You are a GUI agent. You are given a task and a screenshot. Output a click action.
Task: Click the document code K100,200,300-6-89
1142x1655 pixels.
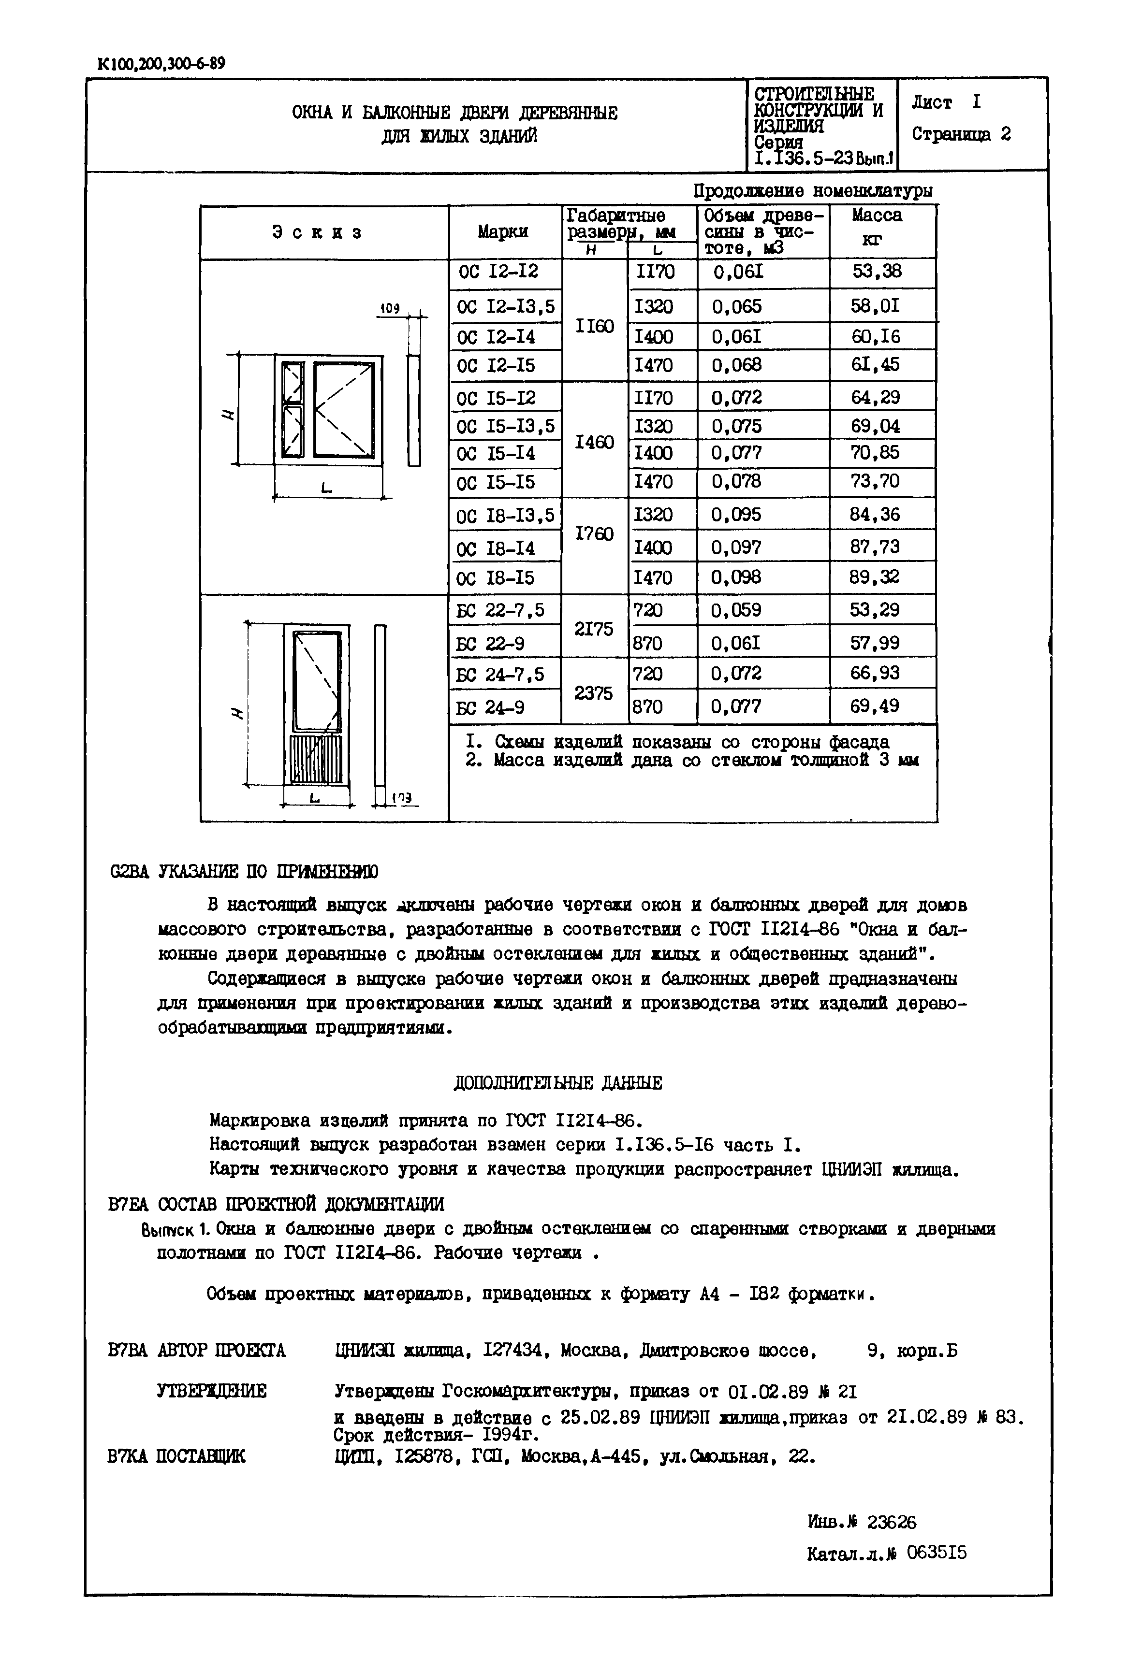(x=161, y=64)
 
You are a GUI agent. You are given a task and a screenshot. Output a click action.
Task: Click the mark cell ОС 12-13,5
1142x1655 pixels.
(x=505, y=307)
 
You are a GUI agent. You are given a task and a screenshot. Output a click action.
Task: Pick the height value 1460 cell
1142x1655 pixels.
(x=595, y=442)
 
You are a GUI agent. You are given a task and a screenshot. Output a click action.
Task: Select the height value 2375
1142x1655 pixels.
(x=593, y=693)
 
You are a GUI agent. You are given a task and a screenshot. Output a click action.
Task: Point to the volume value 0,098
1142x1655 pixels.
(x=736, y=577)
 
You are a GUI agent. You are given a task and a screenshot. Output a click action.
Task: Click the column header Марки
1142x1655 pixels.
(x=503, y=232)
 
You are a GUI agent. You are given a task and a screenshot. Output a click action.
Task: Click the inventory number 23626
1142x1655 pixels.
(x=891, y=1523)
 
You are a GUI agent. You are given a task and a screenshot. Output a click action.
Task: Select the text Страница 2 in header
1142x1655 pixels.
(x=961, y=134)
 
